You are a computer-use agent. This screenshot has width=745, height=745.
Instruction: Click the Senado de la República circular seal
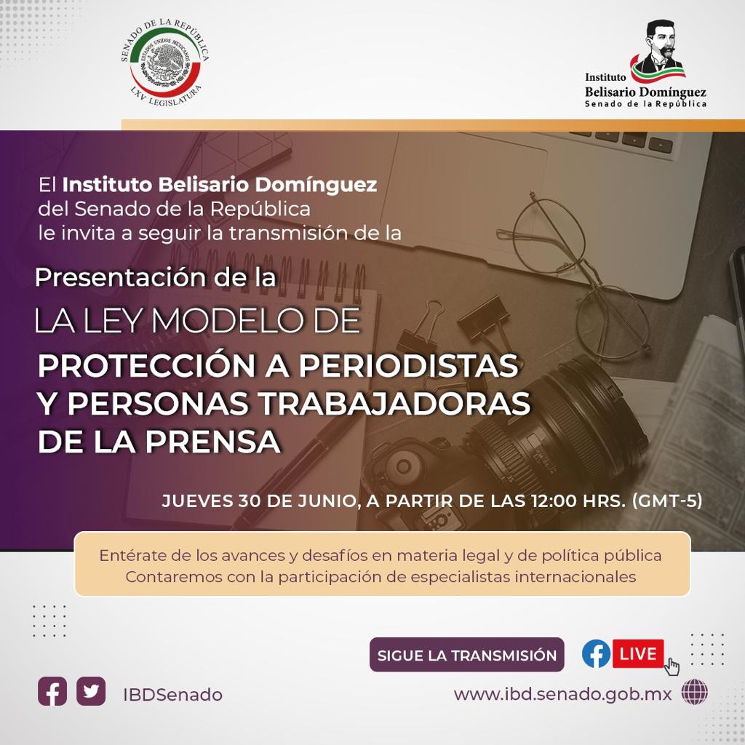(x=165, y=63)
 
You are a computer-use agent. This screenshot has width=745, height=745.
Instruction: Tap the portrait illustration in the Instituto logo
(x=661, y=47)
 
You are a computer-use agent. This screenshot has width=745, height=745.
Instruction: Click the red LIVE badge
(x=637, y=653)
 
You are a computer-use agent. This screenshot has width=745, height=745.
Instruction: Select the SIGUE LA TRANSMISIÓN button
(x=466, y=655)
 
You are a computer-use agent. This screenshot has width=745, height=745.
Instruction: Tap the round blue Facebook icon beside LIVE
(x=597, y=653)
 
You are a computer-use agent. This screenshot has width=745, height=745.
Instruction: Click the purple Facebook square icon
(x=52, y=691)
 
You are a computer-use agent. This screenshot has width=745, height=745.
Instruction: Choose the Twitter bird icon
(x=91, y=691)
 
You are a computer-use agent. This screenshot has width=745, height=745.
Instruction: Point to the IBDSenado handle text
(x=172, y=695)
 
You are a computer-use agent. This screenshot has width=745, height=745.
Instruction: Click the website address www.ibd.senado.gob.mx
(x=562, y=694)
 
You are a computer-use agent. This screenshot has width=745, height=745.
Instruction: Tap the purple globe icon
(x=694, y=692)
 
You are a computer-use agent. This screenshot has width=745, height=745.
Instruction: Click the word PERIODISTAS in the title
(x=408, y=365)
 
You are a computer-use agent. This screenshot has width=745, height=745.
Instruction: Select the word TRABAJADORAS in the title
(x=395, y=403)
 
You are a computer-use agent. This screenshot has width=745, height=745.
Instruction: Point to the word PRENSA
(x=213, y=442)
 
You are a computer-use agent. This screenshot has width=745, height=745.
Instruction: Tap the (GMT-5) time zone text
(x=667, y=501)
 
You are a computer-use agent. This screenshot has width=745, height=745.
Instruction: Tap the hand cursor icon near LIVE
(x=672, y=666)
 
